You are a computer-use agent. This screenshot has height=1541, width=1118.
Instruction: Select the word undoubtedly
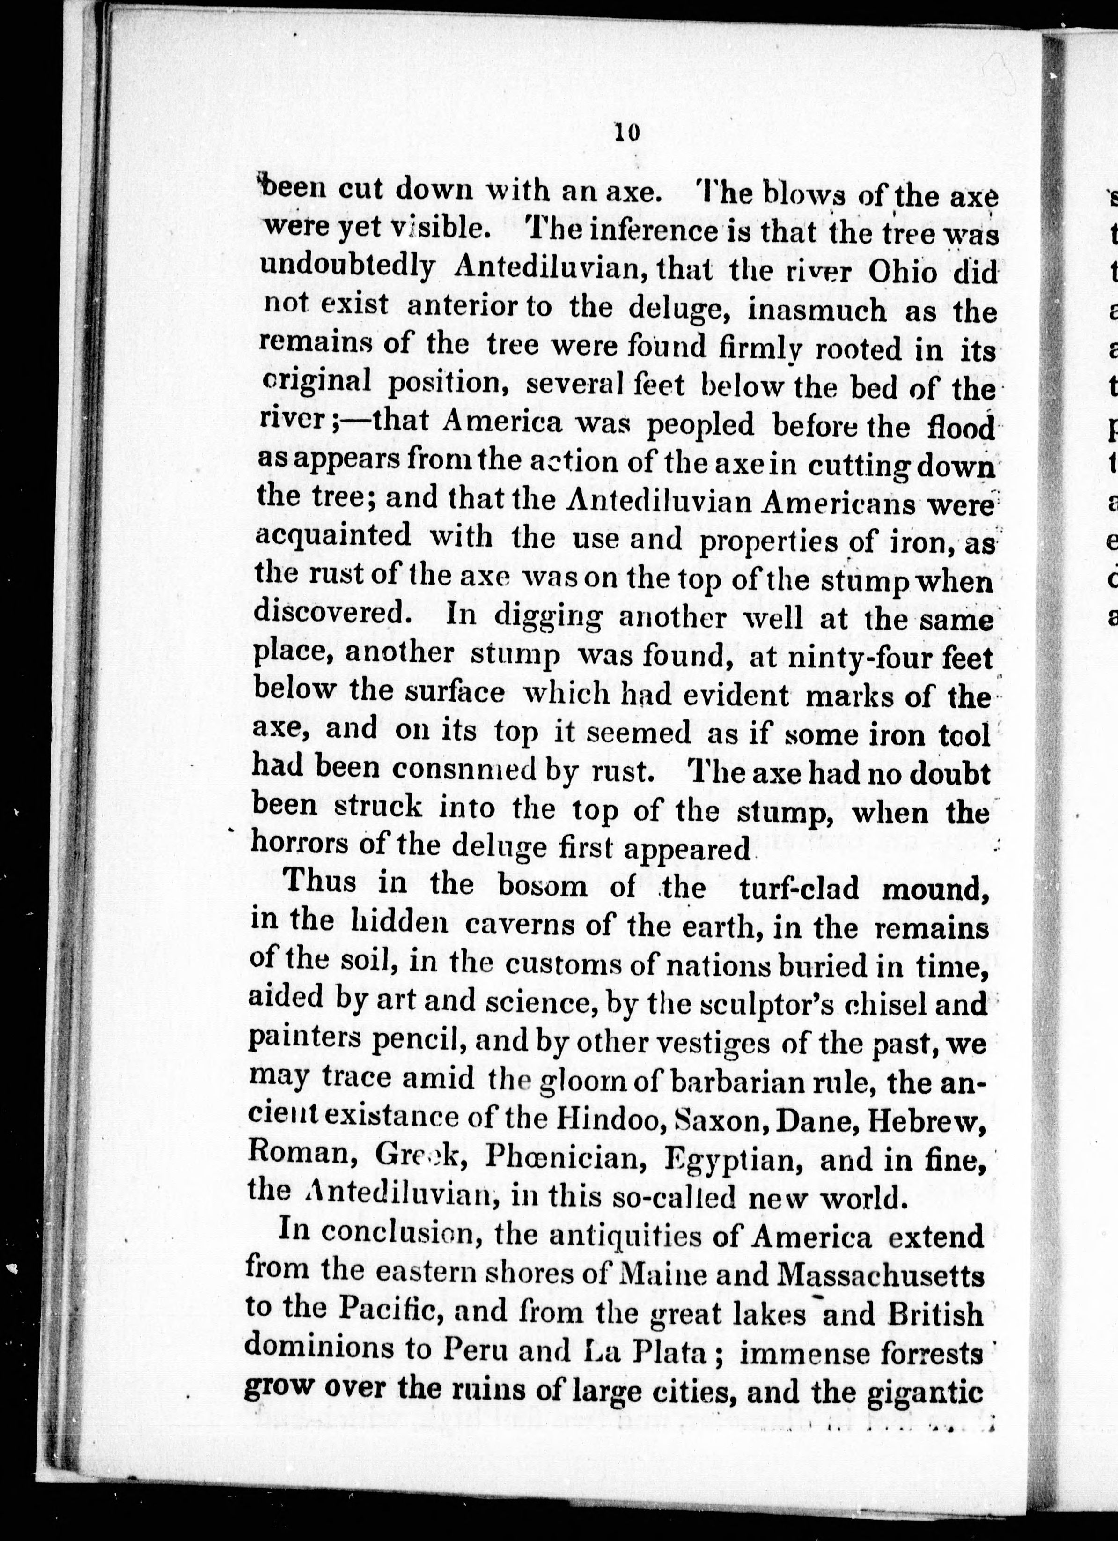[347, 270]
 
